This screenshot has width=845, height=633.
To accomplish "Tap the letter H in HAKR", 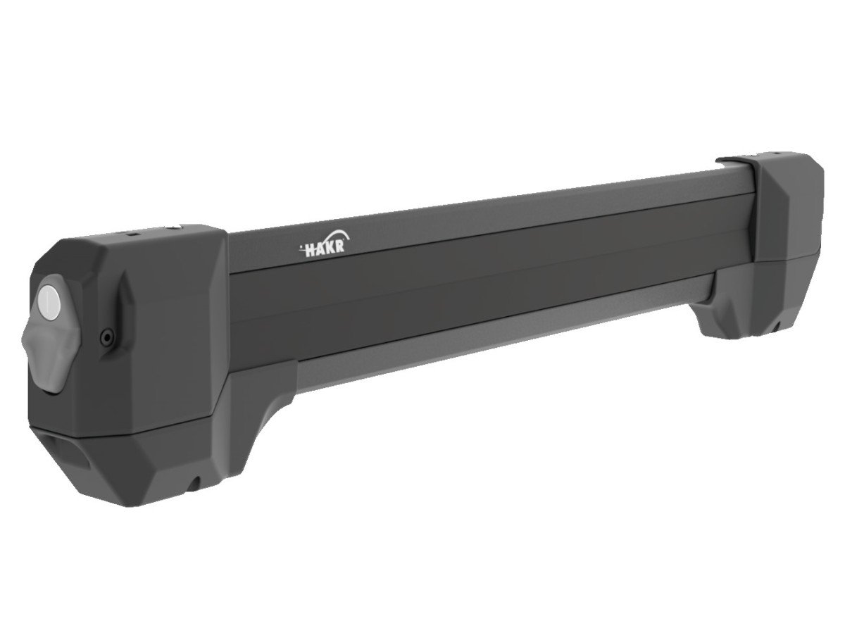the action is (311, 251).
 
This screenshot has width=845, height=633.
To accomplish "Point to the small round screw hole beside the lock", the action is (106, 338).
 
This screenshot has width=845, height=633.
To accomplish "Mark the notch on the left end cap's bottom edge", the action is (196, 482).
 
